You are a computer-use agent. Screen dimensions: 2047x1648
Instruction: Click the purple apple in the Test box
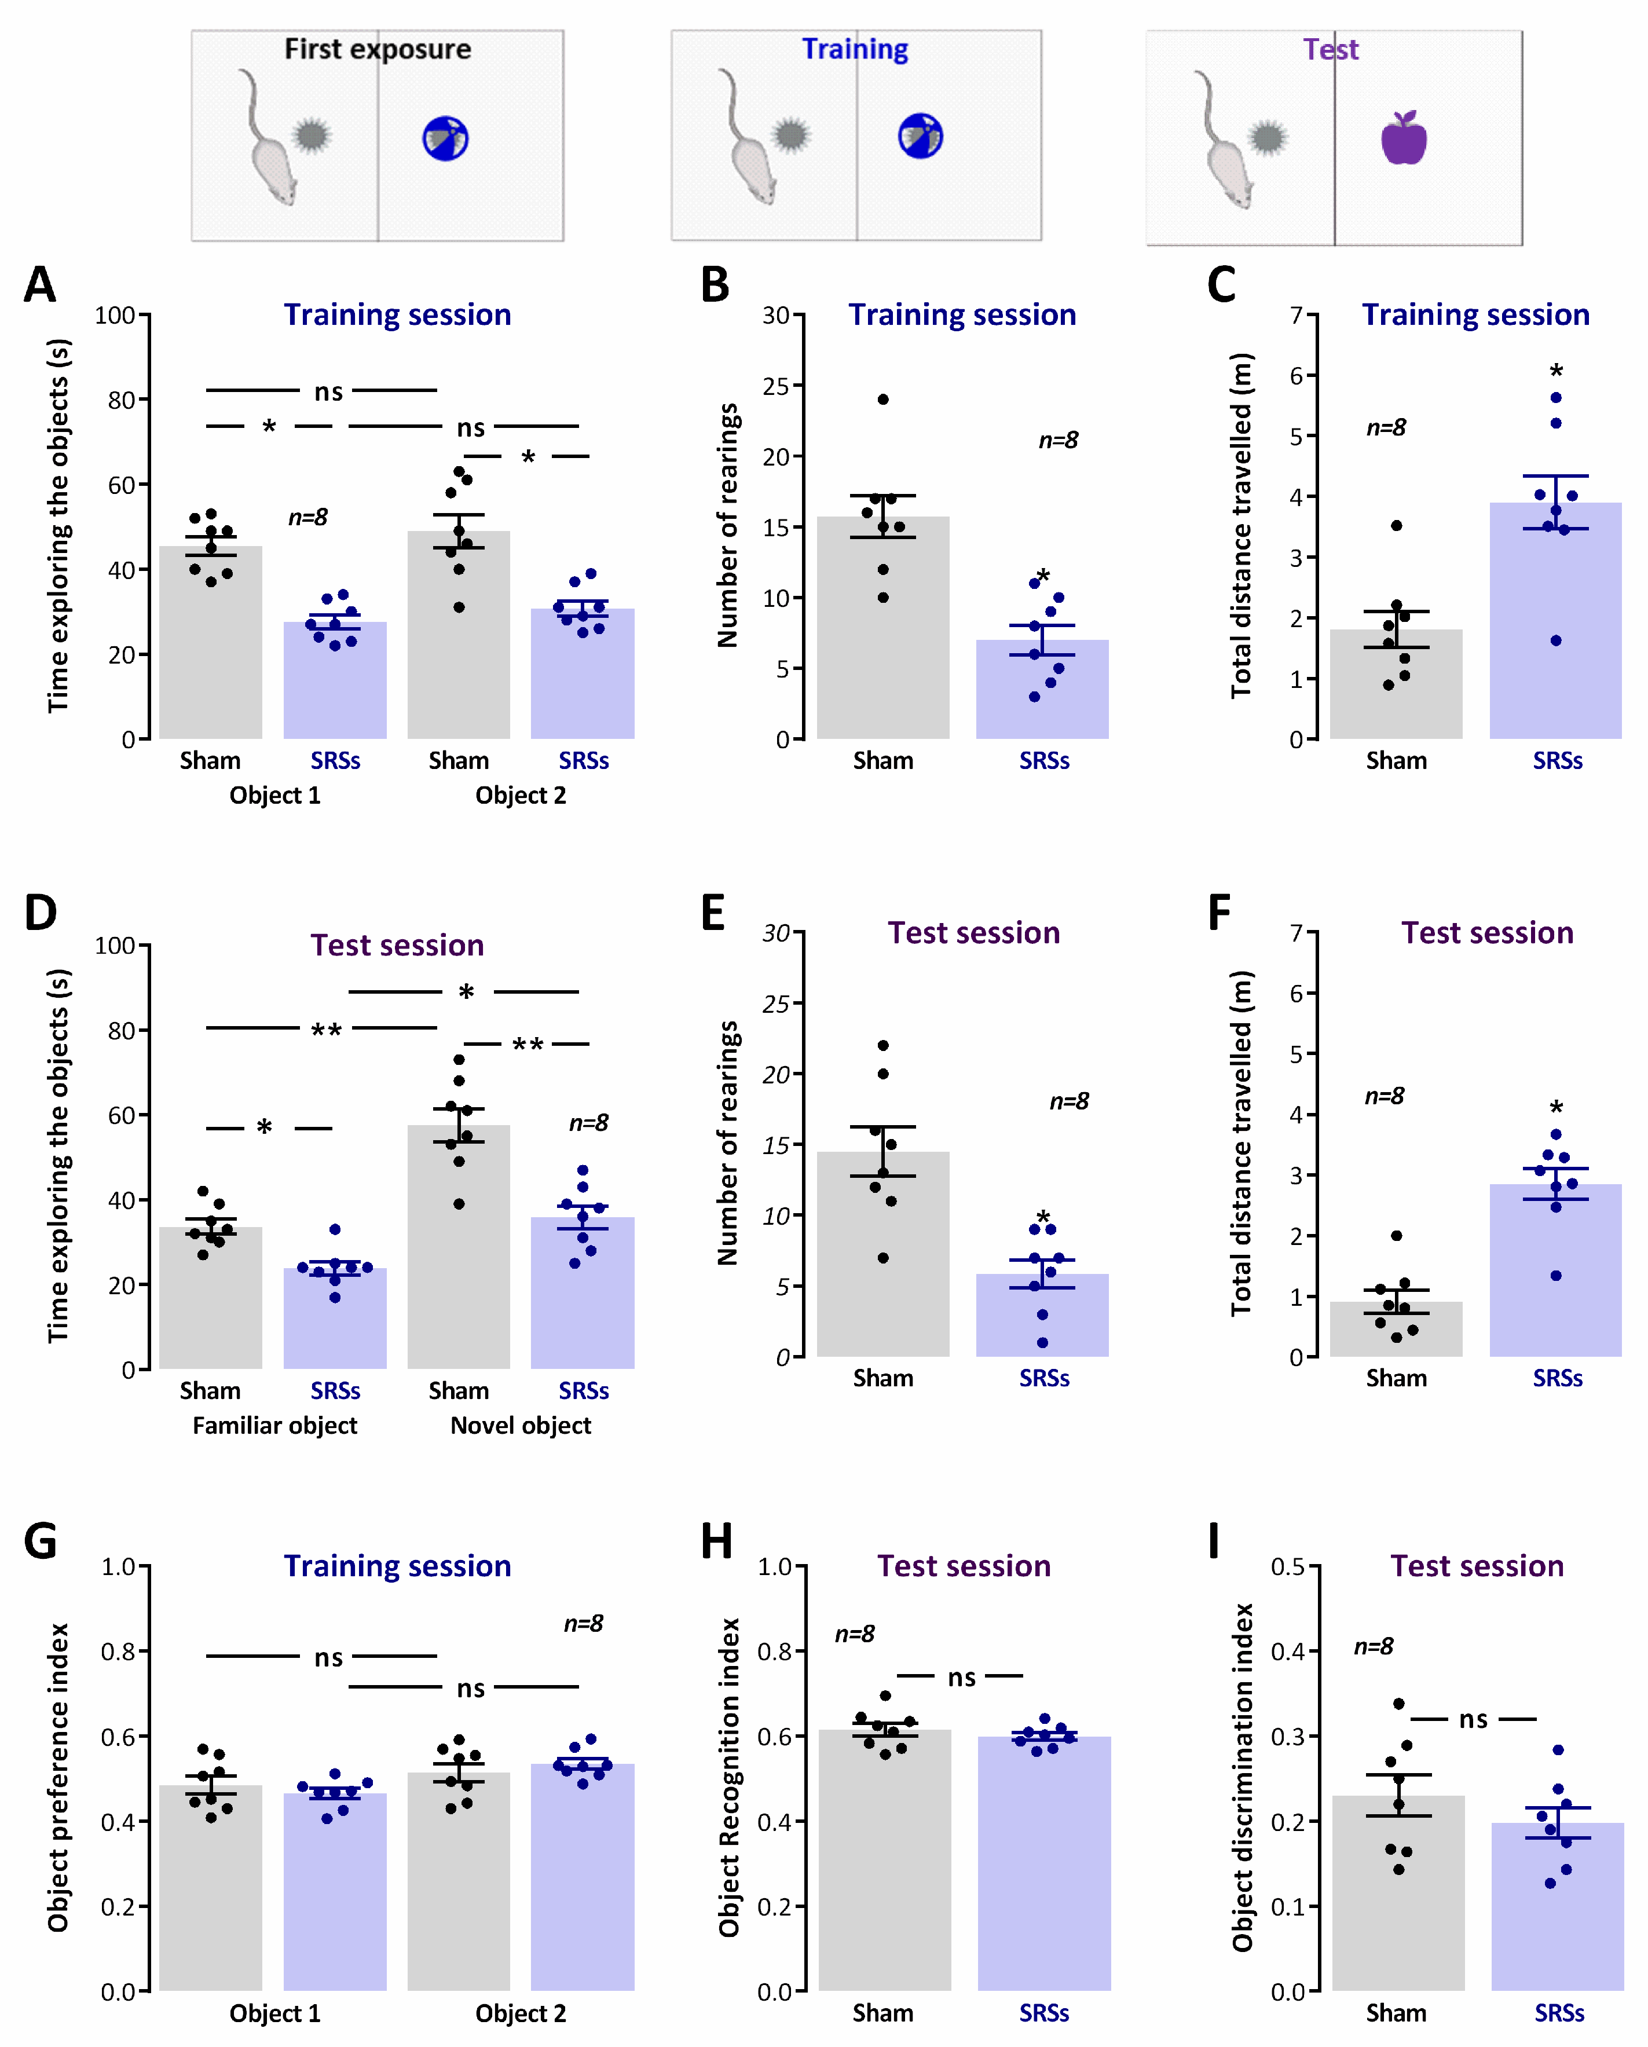[x=1403, y=138]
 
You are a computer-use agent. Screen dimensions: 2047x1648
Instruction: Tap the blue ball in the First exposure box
[x=445, y=138]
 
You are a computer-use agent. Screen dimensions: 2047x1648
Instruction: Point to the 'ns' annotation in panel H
[x=962, y=1678]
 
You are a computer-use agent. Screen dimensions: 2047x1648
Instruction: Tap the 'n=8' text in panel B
[x=1057, y=440]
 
